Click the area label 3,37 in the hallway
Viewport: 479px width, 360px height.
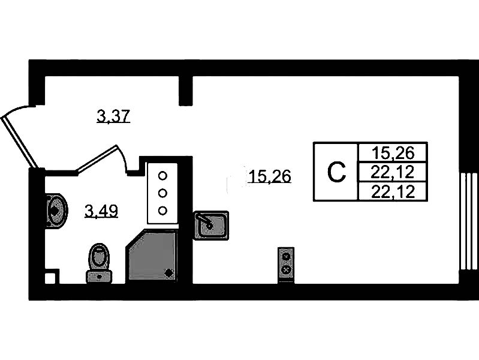click(114, 116)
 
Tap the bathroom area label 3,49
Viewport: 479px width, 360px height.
click(101, 211)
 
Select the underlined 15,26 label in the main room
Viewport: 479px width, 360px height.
click(270, 176)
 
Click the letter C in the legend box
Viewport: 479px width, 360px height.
click(336, 173)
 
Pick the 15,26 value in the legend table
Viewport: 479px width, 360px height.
click(393, 153)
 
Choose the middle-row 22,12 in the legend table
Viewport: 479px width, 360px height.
click(393, 173)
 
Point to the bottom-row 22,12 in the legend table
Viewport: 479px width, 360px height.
click(393, 192)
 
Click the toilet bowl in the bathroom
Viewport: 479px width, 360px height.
click(99, 256)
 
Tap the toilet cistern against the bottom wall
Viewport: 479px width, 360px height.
click(100, 277)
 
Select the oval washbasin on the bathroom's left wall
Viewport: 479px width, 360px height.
click(56, 211)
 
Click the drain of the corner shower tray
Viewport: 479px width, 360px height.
click(168, 272)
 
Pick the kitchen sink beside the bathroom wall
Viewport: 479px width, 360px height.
click(211, 225)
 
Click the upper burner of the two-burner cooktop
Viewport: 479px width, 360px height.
click(286, 257)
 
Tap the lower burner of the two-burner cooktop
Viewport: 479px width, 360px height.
click(286, 269)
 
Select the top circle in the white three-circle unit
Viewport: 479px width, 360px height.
click(162, 176)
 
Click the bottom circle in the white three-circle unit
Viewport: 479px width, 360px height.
click(162, 211)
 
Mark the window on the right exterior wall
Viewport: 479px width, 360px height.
click(469, 221)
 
